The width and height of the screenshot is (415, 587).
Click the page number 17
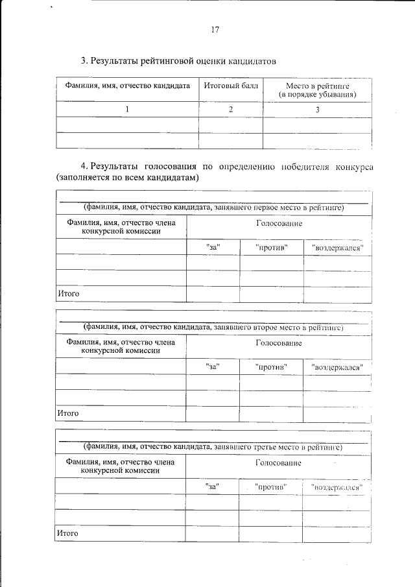point(215,29)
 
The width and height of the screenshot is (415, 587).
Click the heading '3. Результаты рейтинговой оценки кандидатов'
point(178,62)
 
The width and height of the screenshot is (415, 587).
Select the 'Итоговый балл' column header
point(230,86)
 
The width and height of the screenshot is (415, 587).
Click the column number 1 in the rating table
point(127,110)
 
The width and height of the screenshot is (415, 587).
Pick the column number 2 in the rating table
point(230,110)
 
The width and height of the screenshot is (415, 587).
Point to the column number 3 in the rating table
point(318,110)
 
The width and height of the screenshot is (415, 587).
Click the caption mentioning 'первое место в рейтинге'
point(213,208)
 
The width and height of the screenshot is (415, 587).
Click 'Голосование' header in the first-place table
point(279,224)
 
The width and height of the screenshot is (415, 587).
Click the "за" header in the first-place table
point(213,248)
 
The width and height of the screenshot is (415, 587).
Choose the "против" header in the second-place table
point(271,367)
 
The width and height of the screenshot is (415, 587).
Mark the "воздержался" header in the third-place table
point(337,486)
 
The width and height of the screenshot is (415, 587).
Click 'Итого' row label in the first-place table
point(68,294)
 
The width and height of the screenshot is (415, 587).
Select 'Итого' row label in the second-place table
point(68,413)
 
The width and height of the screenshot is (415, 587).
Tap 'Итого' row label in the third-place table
point(68,533)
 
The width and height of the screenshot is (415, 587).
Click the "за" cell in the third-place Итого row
point(211,533)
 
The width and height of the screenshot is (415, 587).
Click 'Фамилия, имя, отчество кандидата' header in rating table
point(127,86)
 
